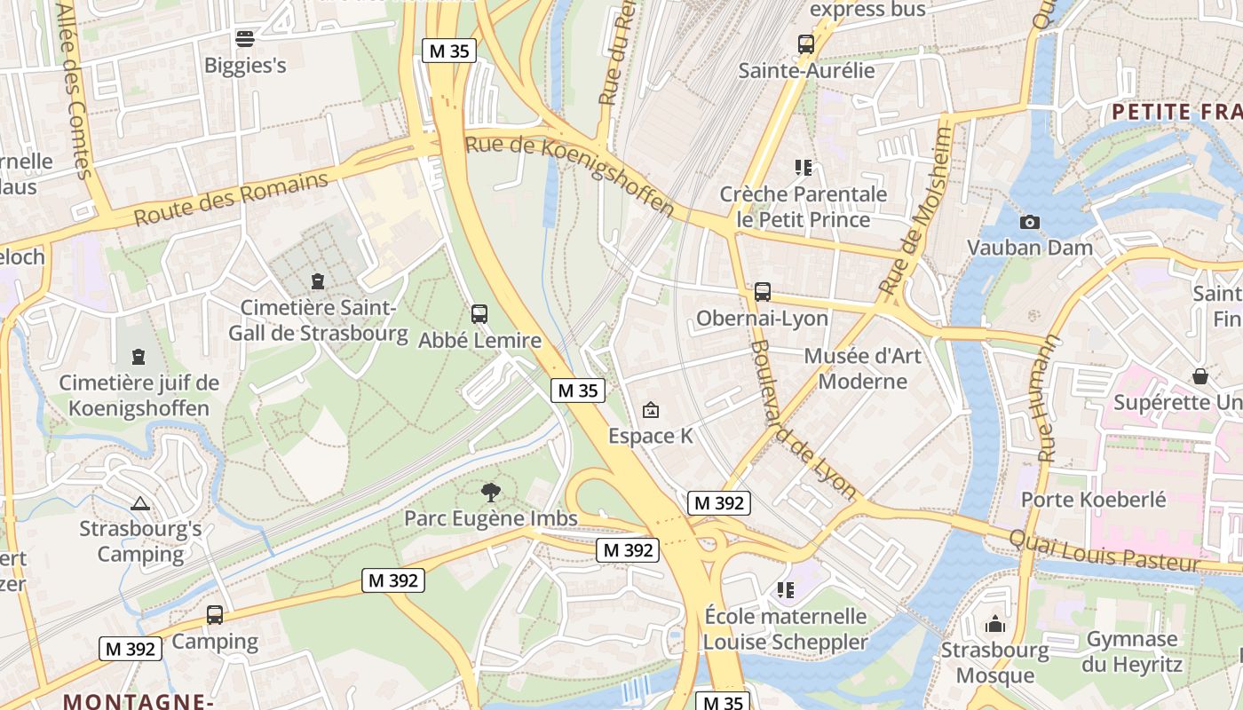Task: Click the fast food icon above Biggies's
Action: tap(245, 38)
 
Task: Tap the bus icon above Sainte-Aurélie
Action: tap(806, 43)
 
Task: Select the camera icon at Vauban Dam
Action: tap(1030, 222)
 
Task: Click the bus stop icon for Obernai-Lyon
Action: tap(763, 292)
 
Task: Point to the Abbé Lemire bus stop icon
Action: tap(479, 313)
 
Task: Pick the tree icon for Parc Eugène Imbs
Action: tap(490, 492)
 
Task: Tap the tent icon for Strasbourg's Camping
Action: tap(140, 503)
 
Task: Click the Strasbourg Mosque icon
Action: tap(995, 624)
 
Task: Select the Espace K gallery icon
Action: tap(651, 409)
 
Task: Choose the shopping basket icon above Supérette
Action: tap(1200, 376)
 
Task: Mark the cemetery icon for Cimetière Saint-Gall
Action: tap(318, 281)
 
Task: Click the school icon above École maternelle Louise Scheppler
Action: tap(785, 589)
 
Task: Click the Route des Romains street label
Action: tap(231, 199)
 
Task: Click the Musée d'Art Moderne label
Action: tap(863, 368)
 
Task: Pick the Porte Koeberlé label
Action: tap(1094, 499)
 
